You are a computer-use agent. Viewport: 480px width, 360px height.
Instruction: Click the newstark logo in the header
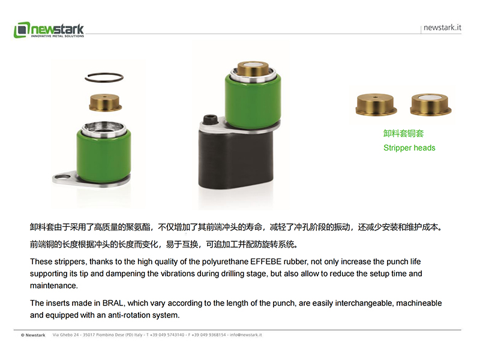click(49, 30)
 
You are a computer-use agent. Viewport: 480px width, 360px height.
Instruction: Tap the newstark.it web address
click(442, 28)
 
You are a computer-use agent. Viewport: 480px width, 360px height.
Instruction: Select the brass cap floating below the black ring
click(105, 102)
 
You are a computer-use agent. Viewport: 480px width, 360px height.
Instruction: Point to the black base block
click(235, 159)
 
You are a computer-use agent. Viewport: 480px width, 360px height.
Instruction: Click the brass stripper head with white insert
click(431, 104)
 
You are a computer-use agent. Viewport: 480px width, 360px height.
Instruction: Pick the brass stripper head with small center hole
click(376, 104)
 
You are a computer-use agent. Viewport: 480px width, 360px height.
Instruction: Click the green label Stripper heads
click(409, 148)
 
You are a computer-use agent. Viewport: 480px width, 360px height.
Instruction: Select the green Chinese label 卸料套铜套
click(403, 133)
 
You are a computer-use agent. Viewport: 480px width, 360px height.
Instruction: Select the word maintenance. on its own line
click(54, 286)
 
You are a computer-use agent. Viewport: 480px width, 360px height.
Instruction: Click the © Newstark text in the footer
click(33, 335)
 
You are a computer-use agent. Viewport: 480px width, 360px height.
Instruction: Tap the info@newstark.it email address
click(246, 335)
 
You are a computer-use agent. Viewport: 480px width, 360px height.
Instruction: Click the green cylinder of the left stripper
click(104, 155)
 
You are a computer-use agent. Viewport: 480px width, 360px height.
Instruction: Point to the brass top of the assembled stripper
click(253, 69)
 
